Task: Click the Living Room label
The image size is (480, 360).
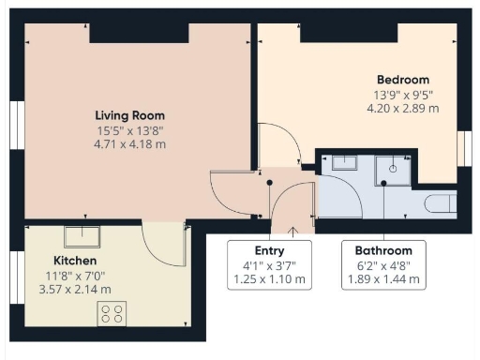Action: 130,114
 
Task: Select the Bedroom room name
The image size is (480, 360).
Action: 402,80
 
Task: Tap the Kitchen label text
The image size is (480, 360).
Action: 75,260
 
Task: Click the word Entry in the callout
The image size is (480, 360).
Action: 269,251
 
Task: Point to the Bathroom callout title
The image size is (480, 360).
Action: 382,251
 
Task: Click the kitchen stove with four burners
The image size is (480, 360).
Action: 112,313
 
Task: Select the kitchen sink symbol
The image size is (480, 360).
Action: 82,232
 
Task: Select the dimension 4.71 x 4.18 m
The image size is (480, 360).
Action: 130,144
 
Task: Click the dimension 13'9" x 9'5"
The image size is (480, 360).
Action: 402,95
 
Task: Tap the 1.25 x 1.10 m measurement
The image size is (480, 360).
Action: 269,280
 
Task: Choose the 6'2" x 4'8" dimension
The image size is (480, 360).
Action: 382,266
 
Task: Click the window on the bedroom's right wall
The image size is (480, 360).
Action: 463,148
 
